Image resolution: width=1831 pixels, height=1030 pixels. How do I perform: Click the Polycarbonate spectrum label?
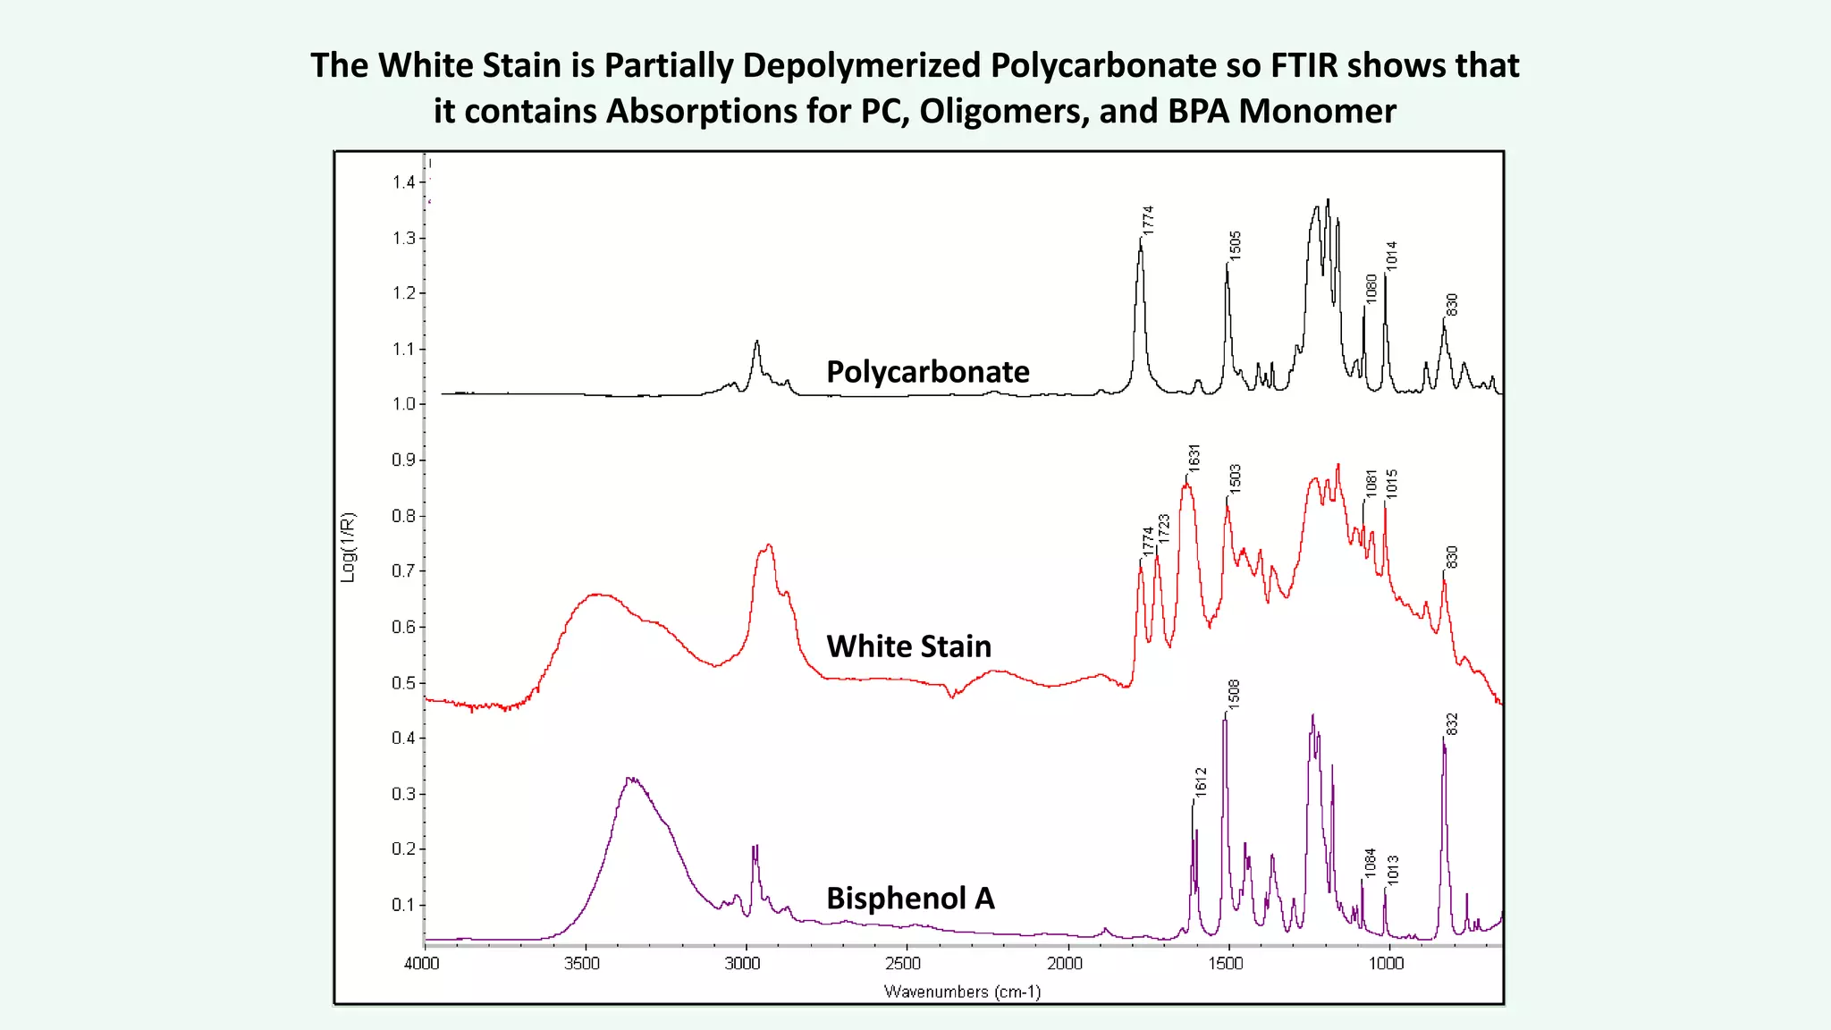tap(927, 371)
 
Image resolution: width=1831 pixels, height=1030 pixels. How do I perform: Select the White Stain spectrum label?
tap(908, 646)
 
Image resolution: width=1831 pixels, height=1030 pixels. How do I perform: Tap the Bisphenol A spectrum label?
tap(910, 898)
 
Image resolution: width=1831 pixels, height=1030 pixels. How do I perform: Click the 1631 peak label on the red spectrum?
tap(1194, 457)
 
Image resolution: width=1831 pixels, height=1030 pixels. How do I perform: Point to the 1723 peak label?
tap(1163, 528)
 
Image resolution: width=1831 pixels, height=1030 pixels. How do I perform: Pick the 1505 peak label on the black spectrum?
tap(1235, 245)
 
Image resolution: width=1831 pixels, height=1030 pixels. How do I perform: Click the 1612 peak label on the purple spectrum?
tap(1201, 781)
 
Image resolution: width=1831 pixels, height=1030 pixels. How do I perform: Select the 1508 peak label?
tap(1234, 695)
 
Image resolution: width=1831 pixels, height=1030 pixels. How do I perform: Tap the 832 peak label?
tap(1452, 724)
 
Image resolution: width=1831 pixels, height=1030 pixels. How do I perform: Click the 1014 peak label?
tap(1391, 256)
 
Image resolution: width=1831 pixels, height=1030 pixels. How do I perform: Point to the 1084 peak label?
tap(1370, 863)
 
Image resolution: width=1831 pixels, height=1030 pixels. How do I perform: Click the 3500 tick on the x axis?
tap(582, 964)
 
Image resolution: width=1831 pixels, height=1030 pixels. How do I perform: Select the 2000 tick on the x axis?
tap(1065, 964)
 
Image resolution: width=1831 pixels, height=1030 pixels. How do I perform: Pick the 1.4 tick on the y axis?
tap(403, 182)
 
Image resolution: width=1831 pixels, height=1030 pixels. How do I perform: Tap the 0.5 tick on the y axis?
tap(403, 683)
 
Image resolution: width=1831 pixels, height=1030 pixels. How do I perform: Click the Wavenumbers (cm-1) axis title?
tap(962, 992)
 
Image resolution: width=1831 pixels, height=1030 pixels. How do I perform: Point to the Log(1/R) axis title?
tap(348, 547)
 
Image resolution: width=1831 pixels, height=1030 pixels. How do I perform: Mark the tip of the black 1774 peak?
tap(1141, 237)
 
